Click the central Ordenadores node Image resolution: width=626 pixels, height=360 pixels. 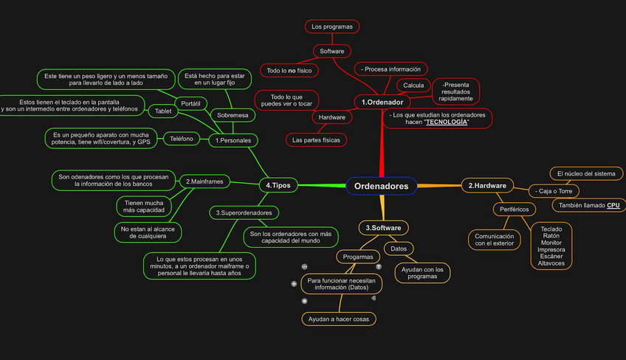(381, 187)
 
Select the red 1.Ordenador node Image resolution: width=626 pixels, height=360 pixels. (382, 102)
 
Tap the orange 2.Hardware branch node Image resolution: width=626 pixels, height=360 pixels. (487, 186)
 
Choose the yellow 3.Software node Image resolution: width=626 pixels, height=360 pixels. (383, 228)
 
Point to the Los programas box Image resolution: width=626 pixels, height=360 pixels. (331, 27)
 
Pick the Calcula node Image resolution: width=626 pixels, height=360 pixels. (413, 86)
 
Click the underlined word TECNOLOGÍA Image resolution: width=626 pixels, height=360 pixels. (447, 122)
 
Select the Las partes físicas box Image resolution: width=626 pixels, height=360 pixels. (316, 139)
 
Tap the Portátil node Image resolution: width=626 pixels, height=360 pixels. (190, 102)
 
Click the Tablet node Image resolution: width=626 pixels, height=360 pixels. (162, 111)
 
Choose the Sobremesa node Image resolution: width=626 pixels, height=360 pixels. (232, 115)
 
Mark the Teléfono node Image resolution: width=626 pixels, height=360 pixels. (182, 138)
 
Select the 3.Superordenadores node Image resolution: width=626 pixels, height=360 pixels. (244, 212)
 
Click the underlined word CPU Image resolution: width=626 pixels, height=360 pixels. (613, 205)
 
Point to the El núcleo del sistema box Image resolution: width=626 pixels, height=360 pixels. (586, 173)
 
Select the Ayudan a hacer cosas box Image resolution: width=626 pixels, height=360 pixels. (340, 319)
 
